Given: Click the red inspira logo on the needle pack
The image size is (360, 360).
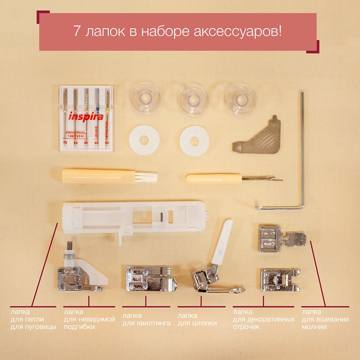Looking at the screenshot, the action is click(86, 117).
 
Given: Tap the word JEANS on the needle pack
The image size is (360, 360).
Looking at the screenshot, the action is click(96, 132).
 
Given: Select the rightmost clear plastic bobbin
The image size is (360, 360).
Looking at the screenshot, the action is click(241, 100).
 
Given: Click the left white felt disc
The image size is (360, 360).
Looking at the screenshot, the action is click(144, 140).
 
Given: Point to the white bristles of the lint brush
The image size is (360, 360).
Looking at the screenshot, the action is click(146, 177).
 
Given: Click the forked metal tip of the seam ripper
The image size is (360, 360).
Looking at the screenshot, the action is click(262, 178).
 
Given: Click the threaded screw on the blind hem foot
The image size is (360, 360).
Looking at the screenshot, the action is click(69, 246).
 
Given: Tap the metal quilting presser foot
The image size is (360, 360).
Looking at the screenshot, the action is click(151, 279).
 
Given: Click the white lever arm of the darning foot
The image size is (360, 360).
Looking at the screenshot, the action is click(222, 242).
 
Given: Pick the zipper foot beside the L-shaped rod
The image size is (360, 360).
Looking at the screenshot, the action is click(282, 239).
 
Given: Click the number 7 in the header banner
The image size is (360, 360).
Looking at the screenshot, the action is click(77, 31).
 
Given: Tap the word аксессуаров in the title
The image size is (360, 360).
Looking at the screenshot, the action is click(238, 32).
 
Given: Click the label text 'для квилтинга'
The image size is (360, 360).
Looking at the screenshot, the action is click(146, 323).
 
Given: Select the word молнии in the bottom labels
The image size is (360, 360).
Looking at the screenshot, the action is click(314, 327).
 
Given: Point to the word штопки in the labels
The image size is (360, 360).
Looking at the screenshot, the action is click(206, 323).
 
